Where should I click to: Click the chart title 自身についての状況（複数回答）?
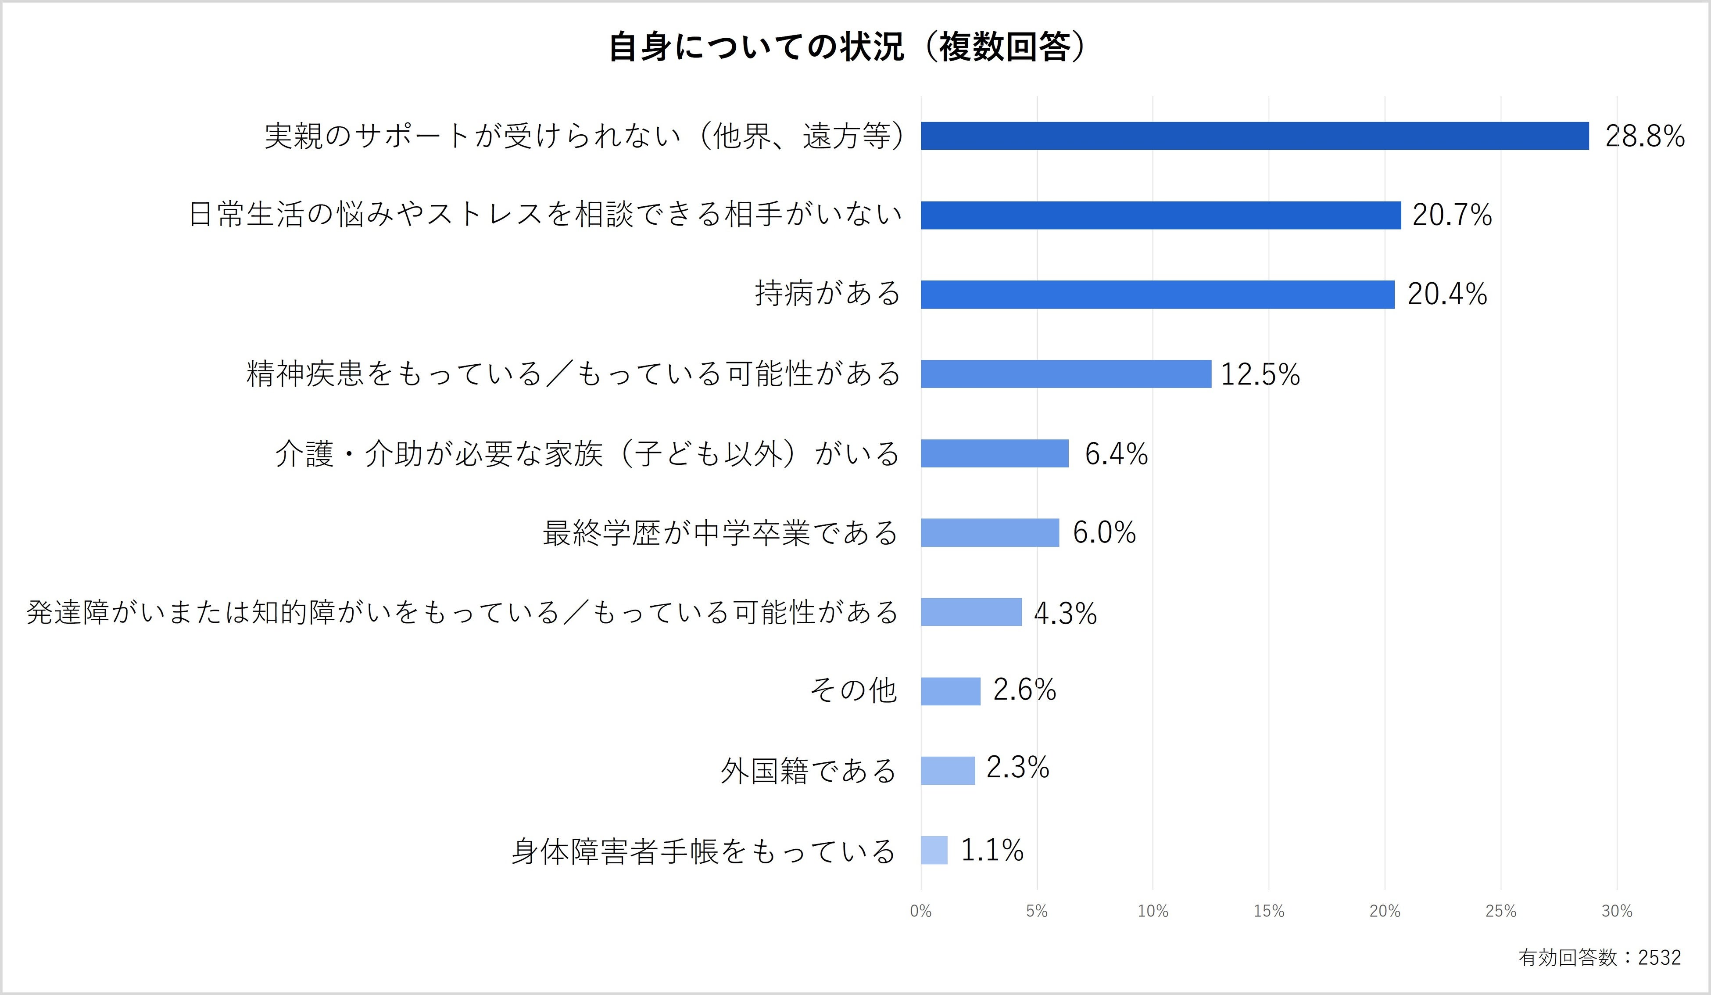pyautogui.click(x=847, y=47)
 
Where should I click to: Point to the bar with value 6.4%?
pyautogui.click(x=994, y=453)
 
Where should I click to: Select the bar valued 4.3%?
pyautogui.click(x=971, y=612)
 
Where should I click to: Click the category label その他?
pyautogui.click(x=853, y=691)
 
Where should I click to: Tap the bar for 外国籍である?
pyautogui.click(x=947, y=770)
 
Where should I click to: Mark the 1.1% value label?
pyautogui.click(x=992, y=850)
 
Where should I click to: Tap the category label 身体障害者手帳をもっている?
pyautogui.click(x=703, y=851)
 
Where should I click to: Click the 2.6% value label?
pyautogui.click(x=1024, y=690)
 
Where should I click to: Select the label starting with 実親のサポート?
pyautogui.click(x=584, y=136)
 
